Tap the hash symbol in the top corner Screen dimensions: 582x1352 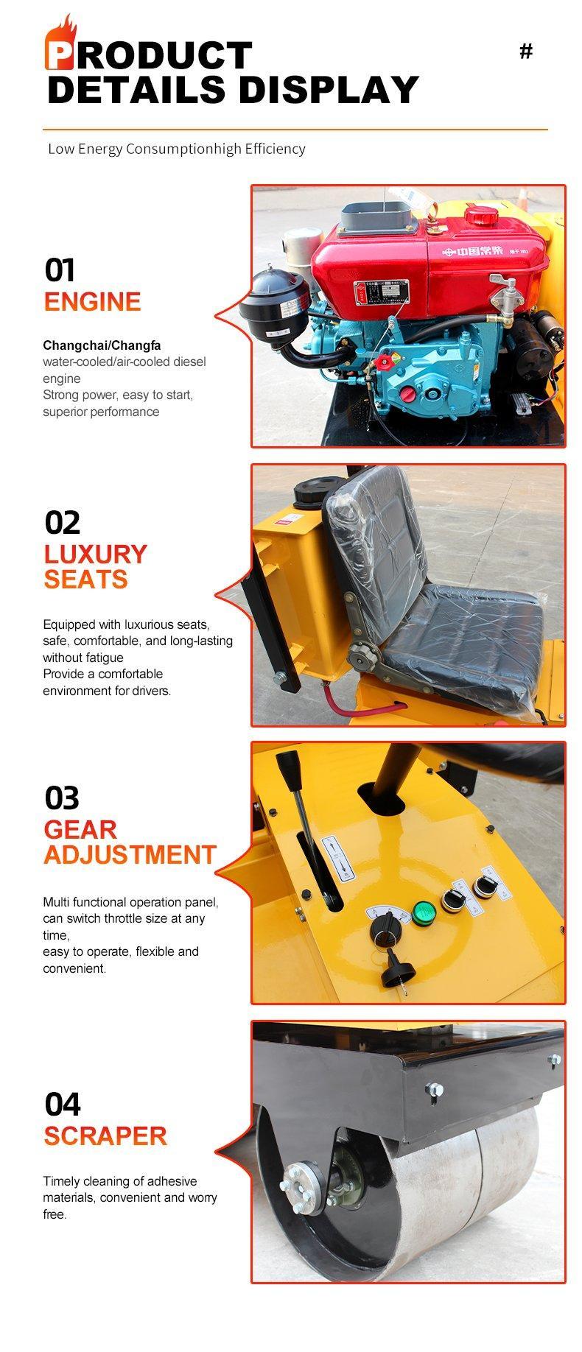coord(526,52)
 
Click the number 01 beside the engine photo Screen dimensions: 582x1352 coord(60,270)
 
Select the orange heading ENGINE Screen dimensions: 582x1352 coord(92,302)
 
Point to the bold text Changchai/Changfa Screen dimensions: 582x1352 coord(102,345)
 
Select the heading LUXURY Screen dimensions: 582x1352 coord(96,554)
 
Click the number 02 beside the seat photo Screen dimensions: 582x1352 coord(62,522)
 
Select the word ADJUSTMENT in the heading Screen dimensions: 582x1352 coord(130,855)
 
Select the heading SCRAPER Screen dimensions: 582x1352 coord(105,1136)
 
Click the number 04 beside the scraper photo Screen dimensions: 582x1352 coord(63,1104)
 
